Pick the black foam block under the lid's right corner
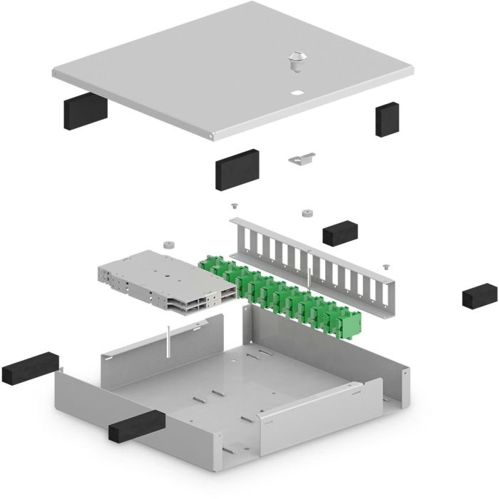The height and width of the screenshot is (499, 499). (x=387, y=118)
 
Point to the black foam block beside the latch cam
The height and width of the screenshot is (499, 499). (x=237, y=168)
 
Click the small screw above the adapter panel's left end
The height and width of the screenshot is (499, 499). (x=233, y=206)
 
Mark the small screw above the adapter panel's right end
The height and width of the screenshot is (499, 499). (x=385, y=266)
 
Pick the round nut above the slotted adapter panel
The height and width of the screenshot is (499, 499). (x=307, y=212)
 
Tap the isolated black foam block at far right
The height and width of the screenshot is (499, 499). (x=479, y=294)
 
